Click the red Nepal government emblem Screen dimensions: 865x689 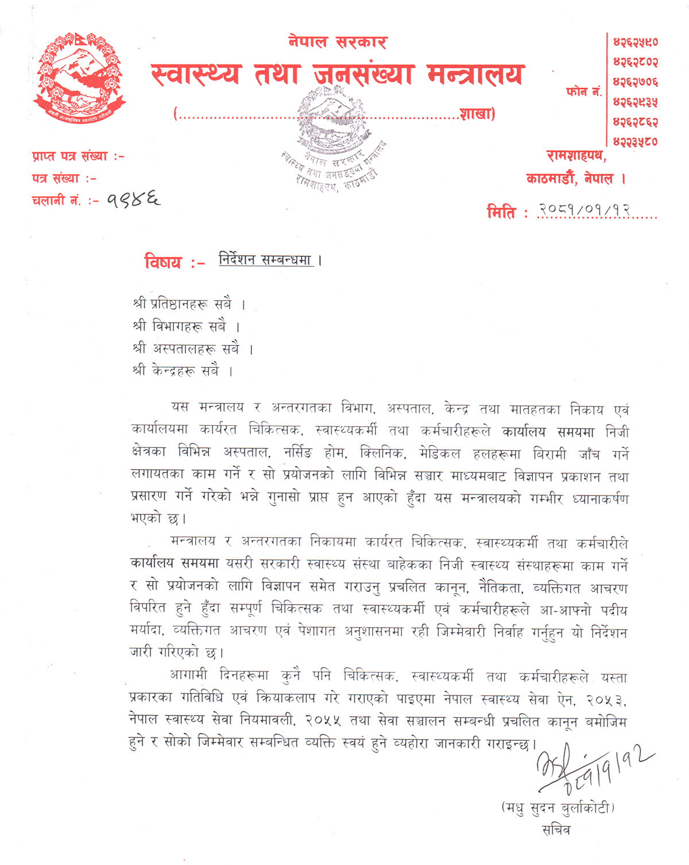(80, 77)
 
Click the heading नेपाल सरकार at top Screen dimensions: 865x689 (338, 42)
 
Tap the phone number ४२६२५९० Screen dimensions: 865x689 (635, 42)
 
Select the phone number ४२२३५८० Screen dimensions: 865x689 (635, 141)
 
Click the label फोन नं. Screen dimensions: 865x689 (583, 92)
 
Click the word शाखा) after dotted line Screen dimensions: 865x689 (477, 114)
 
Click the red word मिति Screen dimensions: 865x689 (501, 212)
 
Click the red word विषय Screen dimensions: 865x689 (163, 263)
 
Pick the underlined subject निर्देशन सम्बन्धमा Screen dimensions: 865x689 (265, 260)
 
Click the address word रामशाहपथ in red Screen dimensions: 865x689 (575, 156)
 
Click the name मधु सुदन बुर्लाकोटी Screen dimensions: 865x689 (558, 808)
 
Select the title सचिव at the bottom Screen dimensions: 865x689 (556, 830)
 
